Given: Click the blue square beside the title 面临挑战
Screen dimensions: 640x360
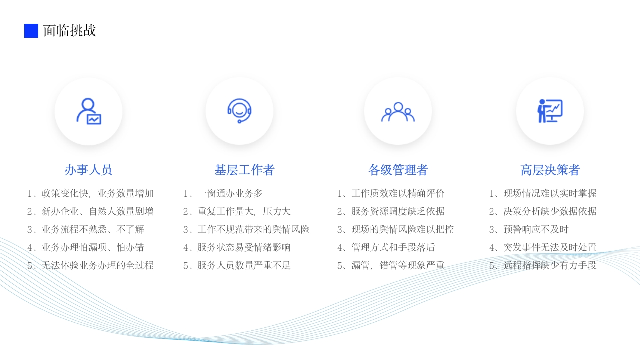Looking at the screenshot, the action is (31, 31).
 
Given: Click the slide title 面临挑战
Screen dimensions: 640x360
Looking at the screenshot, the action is (69, 31).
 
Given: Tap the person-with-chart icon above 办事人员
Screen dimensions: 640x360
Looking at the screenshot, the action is (89, 111).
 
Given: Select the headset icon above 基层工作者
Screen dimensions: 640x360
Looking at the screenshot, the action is (239, 111).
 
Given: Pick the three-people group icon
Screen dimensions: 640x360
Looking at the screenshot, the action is (398, 112).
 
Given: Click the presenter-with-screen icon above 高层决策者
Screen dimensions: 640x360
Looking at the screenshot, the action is (550, 111).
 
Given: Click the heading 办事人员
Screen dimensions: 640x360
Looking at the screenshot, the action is (88, 170).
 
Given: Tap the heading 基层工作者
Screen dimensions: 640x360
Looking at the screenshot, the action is (244, 170).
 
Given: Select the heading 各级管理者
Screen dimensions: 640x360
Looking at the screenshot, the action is (398, 170).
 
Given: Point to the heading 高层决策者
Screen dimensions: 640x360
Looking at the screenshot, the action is (550, 170).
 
